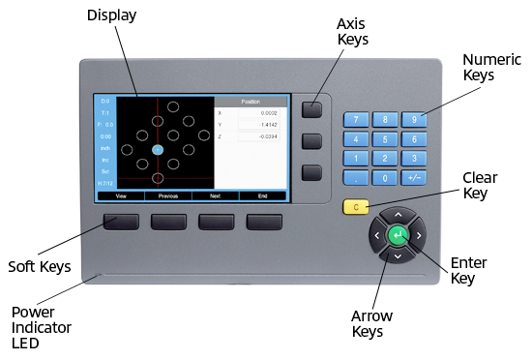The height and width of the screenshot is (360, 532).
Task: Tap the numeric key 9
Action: click(x=415, y=120)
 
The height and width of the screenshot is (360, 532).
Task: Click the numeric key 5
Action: click(x=386, y=139)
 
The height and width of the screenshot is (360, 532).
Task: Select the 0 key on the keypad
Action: click(x=386, y=178)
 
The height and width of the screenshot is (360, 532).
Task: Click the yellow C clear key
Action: click(x=356, y=206)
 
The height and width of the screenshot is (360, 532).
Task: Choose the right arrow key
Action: click(x=420, y=235)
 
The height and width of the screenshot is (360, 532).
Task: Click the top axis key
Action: click(x=310, y=109)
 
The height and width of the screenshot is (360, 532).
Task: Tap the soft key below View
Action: click(x=121, y=223)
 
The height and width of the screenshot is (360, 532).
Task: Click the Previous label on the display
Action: click(x=168, y=195)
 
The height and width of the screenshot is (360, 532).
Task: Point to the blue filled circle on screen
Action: click(x=158, y=150)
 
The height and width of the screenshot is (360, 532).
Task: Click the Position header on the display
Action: click(x=250, y=101)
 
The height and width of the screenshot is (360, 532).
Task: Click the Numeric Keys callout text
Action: click(x=492, y=66)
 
